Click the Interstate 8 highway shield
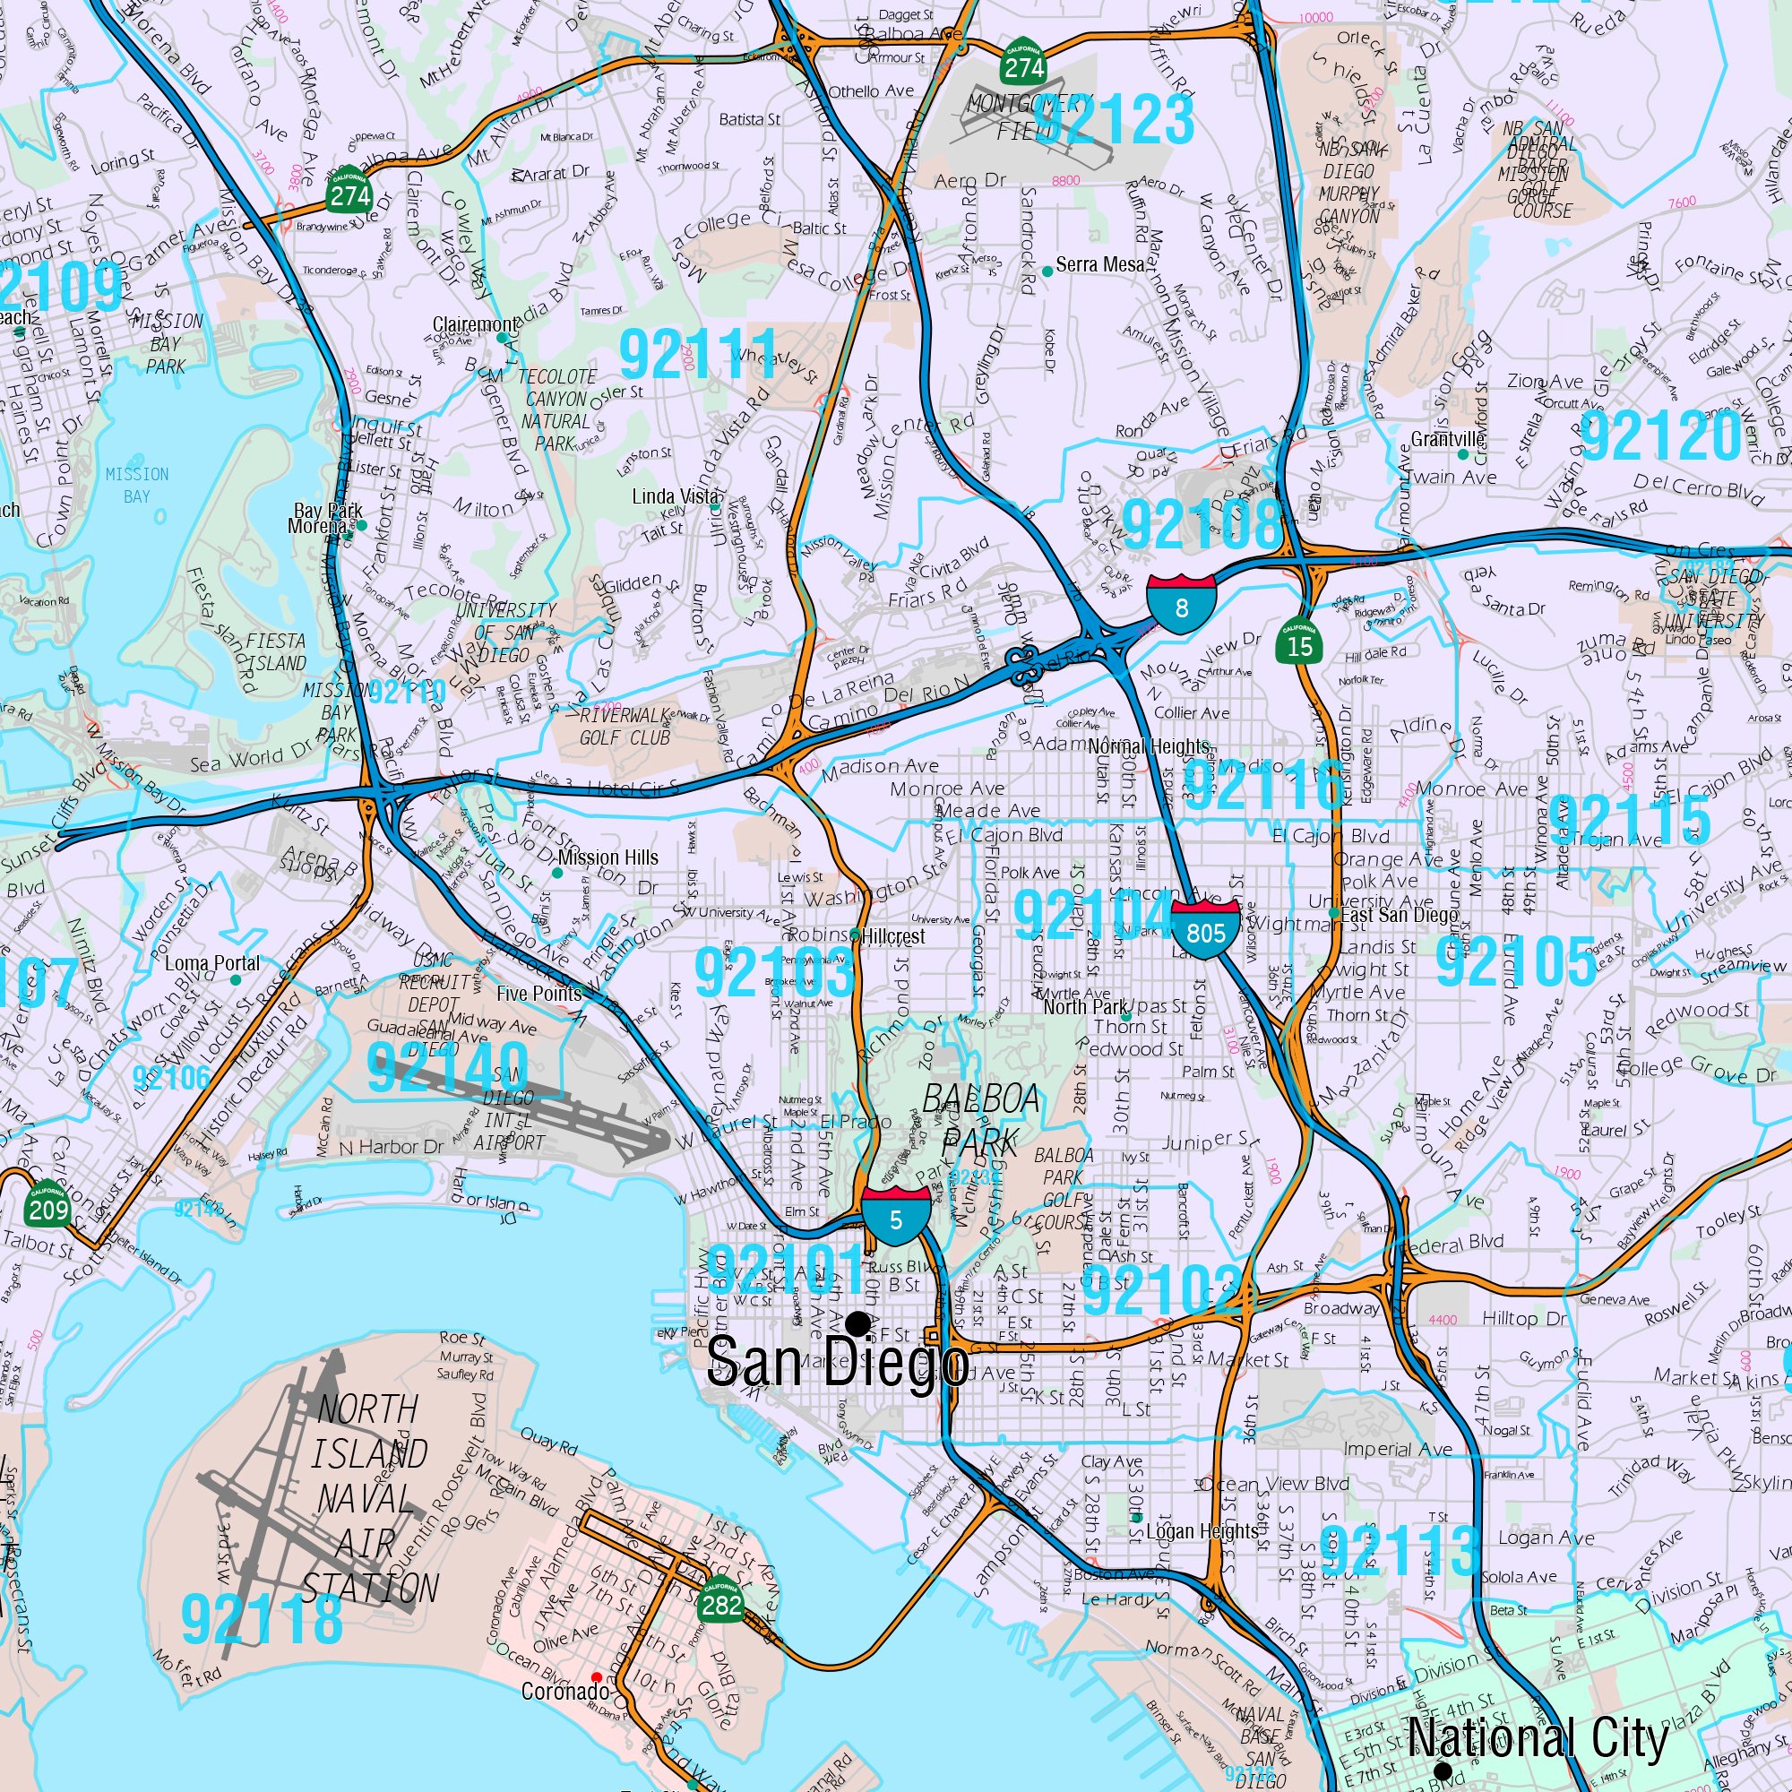point(1181,604)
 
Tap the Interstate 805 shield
point(1205,929)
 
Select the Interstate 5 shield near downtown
point(895,1216)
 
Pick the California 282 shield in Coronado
point(721,1603)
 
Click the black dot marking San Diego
point(859,1322)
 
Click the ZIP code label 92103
point(774,972)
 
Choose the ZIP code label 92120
point(1660,435)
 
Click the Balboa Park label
point(979,1119)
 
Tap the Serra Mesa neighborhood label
point(1100,265)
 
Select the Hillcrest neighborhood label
point(892,937)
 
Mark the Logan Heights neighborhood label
point(1202,1530)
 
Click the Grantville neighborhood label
point(1447,440)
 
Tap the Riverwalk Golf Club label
point(625,728)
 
